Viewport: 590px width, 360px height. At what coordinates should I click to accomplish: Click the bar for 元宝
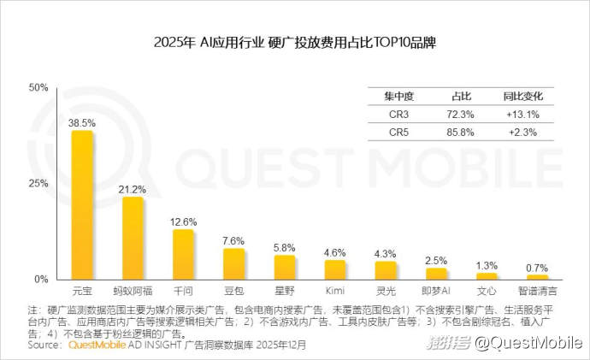[x=82, y=205]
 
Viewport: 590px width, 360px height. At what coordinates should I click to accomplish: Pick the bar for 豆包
[x=234, y=264]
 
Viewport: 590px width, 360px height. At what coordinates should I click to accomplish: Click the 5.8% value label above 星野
[x=285, y=247]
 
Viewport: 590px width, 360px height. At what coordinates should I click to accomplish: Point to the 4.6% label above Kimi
[x=335, y=252]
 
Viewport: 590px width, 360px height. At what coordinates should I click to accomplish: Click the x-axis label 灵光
[x=386, y=291]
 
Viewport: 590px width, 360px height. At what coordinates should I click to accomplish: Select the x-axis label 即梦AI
[x=436, y=291]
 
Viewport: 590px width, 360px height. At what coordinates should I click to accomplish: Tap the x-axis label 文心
[x=487, y=291]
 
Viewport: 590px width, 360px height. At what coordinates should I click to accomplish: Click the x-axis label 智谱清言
[x=537, y=291]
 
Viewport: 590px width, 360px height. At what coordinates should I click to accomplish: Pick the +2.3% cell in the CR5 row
[x=520, y=133]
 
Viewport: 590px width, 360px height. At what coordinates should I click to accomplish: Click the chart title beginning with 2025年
[x=295, y=42]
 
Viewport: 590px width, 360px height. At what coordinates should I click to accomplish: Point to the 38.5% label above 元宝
[x=82, y=123]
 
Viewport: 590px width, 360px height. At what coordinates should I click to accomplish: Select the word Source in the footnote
[x=44, y=345]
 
